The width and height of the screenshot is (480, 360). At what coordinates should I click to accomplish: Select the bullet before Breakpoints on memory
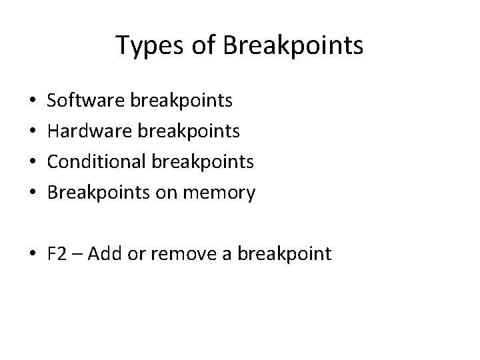(33, 194)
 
